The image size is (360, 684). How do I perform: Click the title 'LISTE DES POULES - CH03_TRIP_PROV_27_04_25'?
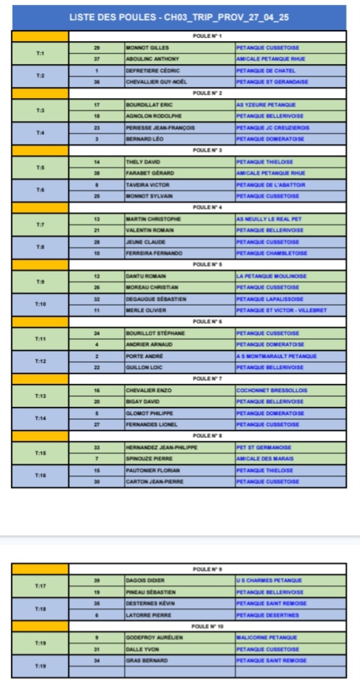pyautogui.click(x=179, y=17)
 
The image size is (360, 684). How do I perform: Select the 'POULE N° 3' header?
pyautogui.click(x=207, y=149)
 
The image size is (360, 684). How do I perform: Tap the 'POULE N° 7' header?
pyautogui.click(x=207, y=379)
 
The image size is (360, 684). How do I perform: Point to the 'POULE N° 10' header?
pyautogui.click(x=207, y=626)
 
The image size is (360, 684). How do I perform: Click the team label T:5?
pyautogui.click(x=40, y=167)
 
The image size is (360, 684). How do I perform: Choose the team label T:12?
pyautogui.click(x=40, y=361)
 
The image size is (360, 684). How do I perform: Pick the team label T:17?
pyautogui.click(x=40, y=586)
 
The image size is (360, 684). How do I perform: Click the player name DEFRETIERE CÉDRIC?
pyautogui.click(x=152, y=70)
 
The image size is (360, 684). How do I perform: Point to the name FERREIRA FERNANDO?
pyautogui.click(x=154, y=253)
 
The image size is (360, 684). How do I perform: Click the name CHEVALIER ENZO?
pyautogui.click(x=148, y=391)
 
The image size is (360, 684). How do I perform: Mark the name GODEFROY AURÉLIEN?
pyautogui.click(x=152, y=637)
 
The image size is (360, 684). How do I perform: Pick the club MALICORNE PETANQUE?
pyautogui.click(x=267, y=637)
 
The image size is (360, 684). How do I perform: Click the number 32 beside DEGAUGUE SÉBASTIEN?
pyautogui.click(x=97, y=299)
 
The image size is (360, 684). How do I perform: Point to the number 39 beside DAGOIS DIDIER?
pyautogui.click(x=97, y=580)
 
